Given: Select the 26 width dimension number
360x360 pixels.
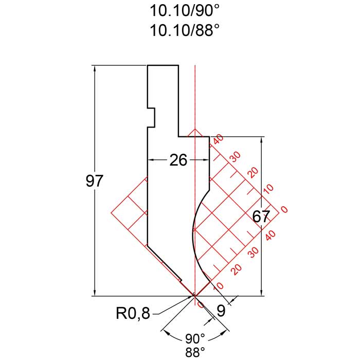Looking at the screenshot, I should (178, 160).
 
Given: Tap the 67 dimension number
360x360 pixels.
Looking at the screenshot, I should (261, 217).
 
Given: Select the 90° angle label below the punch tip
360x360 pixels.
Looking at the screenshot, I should (195, 339).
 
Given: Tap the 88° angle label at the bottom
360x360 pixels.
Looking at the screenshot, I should (195, 353).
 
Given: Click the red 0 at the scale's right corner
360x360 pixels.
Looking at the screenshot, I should (285, 209).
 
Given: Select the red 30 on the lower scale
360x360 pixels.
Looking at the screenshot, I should (253, 253).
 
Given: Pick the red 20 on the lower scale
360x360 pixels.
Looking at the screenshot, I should (236, 269).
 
